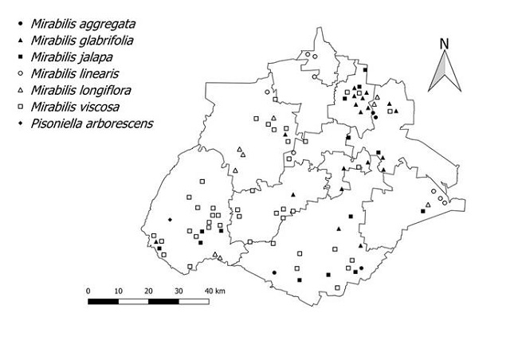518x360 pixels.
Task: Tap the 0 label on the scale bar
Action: tap(88, 290)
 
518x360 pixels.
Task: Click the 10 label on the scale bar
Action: tap(118, 290)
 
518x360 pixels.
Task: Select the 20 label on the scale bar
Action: tap(148, 290)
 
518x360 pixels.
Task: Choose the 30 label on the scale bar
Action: tap(179, 290)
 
